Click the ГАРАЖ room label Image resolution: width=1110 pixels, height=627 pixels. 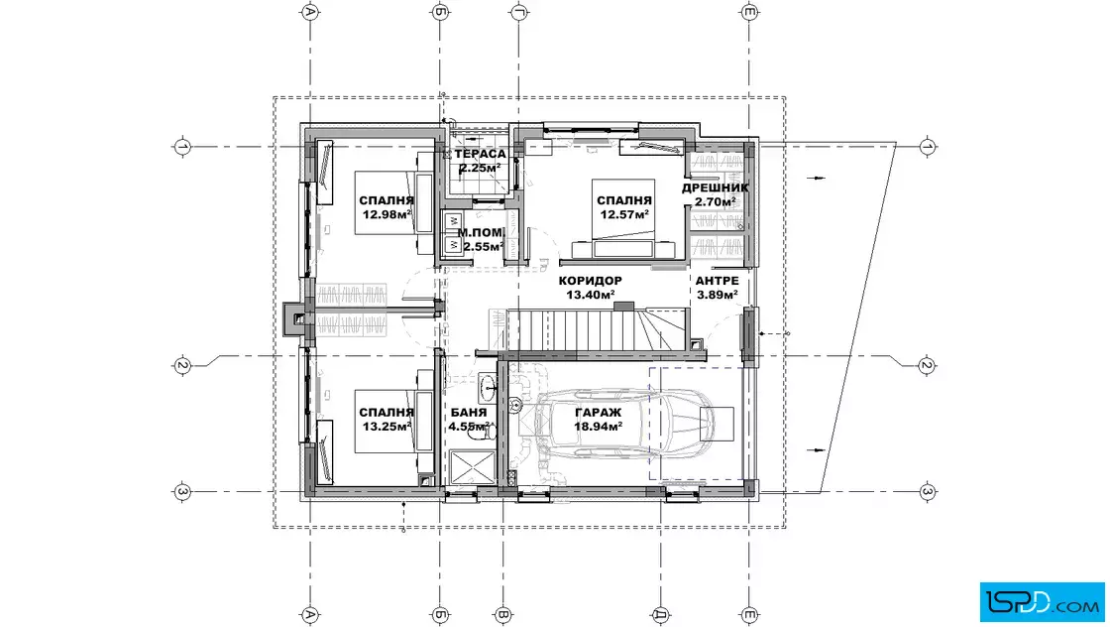(x=599, y=413)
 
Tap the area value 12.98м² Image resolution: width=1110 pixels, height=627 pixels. (x=388, y=214)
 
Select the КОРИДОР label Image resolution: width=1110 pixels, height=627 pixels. (x=591, y=281)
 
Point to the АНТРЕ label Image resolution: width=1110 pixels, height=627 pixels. (x=718, y=281)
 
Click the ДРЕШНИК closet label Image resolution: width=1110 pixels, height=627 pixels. (x=715, y=188)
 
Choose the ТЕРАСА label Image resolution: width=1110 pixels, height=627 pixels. (x=481, y=154)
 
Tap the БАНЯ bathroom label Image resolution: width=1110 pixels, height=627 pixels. (x=469, y=413)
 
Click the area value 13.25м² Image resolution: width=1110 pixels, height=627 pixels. (x=388, y=427)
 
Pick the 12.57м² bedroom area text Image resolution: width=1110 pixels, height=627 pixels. (x=625, y=214)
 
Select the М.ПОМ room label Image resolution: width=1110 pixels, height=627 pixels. (x=481, y=232)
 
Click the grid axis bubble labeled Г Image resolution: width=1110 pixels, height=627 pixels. (x=519, y=11)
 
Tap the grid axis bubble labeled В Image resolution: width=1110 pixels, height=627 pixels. (x=502, y=615)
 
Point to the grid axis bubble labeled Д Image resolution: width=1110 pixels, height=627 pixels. (x=660, y=615)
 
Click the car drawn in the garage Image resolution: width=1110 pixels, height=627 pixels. (x=623, y=424)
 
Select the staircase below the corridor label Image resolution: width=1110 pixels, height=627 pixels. (x=589, y=329)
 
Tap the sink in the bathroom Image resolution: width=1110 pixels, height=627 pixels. (x=489, y=385)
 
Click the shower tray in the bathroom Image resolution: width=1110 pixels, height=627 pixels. (x=473, y=467)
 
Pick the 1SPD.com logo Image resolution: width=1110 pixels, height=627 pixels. (x=1042, y=602)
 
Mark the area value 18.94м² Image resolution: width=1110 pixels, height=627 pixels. (x=599, y=427)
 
